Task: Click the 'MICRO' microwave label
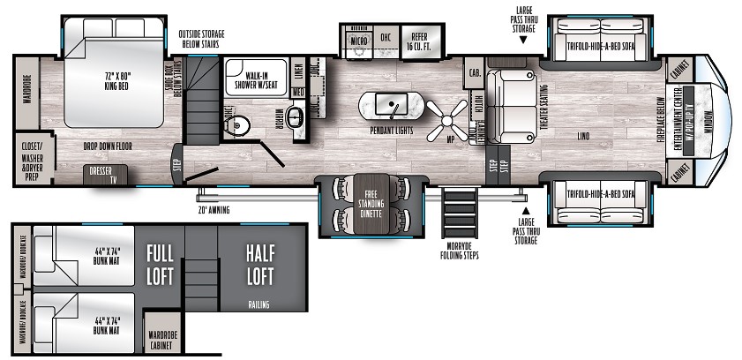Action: [x=358, y=41]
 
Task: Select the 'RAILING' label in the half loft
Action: [x=259, y=305]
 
